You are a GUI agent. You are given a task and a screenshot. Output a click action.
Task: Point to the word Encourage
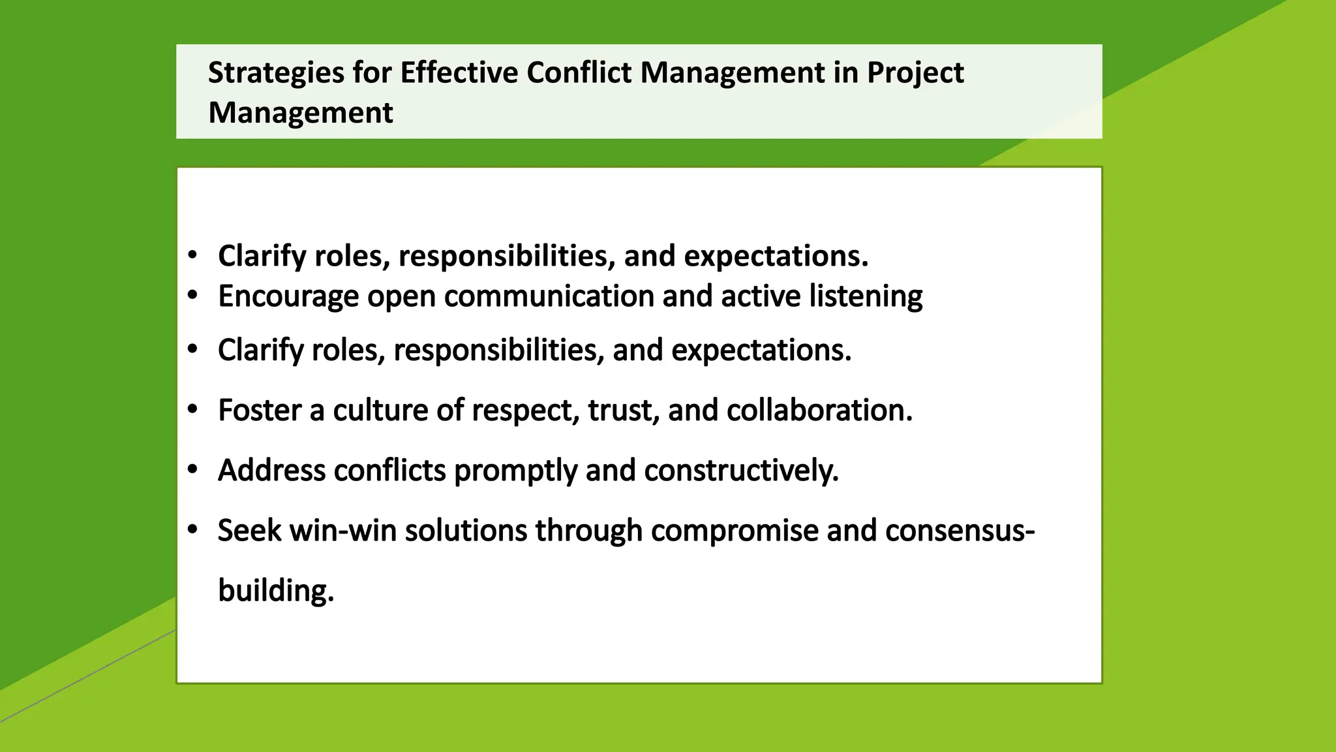pyautogui.click(x=288, y=297)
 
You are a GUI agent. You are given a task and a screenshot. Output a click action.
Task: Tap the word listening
pyautogui.click(x=866, y=297)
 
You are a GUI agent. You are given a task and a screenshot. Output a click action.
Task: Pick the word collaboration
pyautogui.click(x=819, y=411)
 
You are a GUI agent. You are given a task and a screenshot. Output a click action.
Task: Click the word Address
pyautogui.click(x=271, y=471)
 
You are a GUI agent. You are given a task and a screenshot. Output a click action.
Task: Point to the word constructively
pyautogui.click(x=741, y=471)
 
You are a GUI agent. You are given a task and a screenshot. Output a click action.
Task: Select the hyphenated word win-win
pyautogui.click(x=343, y=531)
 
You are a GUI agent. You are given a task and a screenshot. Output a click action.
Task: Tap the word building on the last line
pyautogui.click(x=275, y=591)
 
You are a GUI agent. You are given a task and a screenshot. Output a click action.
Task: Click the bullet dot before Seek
pyautogui.click(x=192, y=530)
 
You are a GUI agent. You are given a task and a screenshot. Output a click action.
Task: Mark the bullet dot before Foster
pyautogui.click(x=192, y=410)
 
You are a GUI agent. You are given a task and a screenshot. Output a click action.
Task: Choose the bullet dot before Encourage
pyautogui.click(x=192, y=296)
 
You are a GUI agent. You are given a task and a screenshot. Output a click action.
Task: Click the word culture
pyautogui.click(x=380, y=411)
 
